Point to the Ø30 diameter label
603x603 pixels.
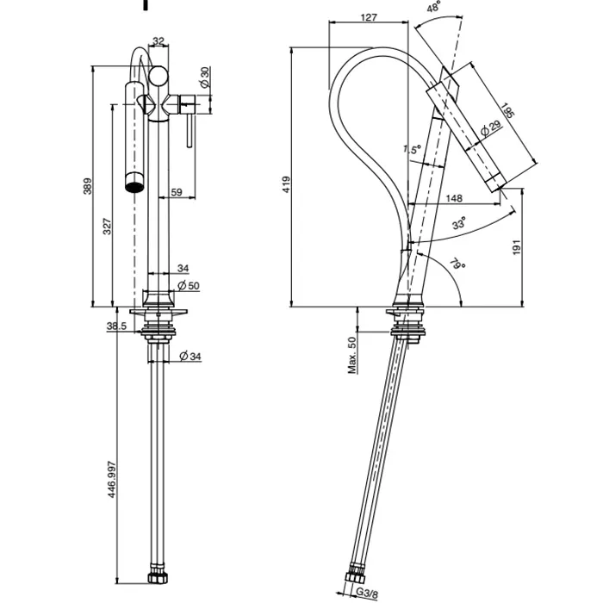(204, 77)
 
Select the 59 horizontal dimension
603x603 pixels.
(176, 193)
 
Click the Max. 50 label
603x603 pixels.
(352, 355)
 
